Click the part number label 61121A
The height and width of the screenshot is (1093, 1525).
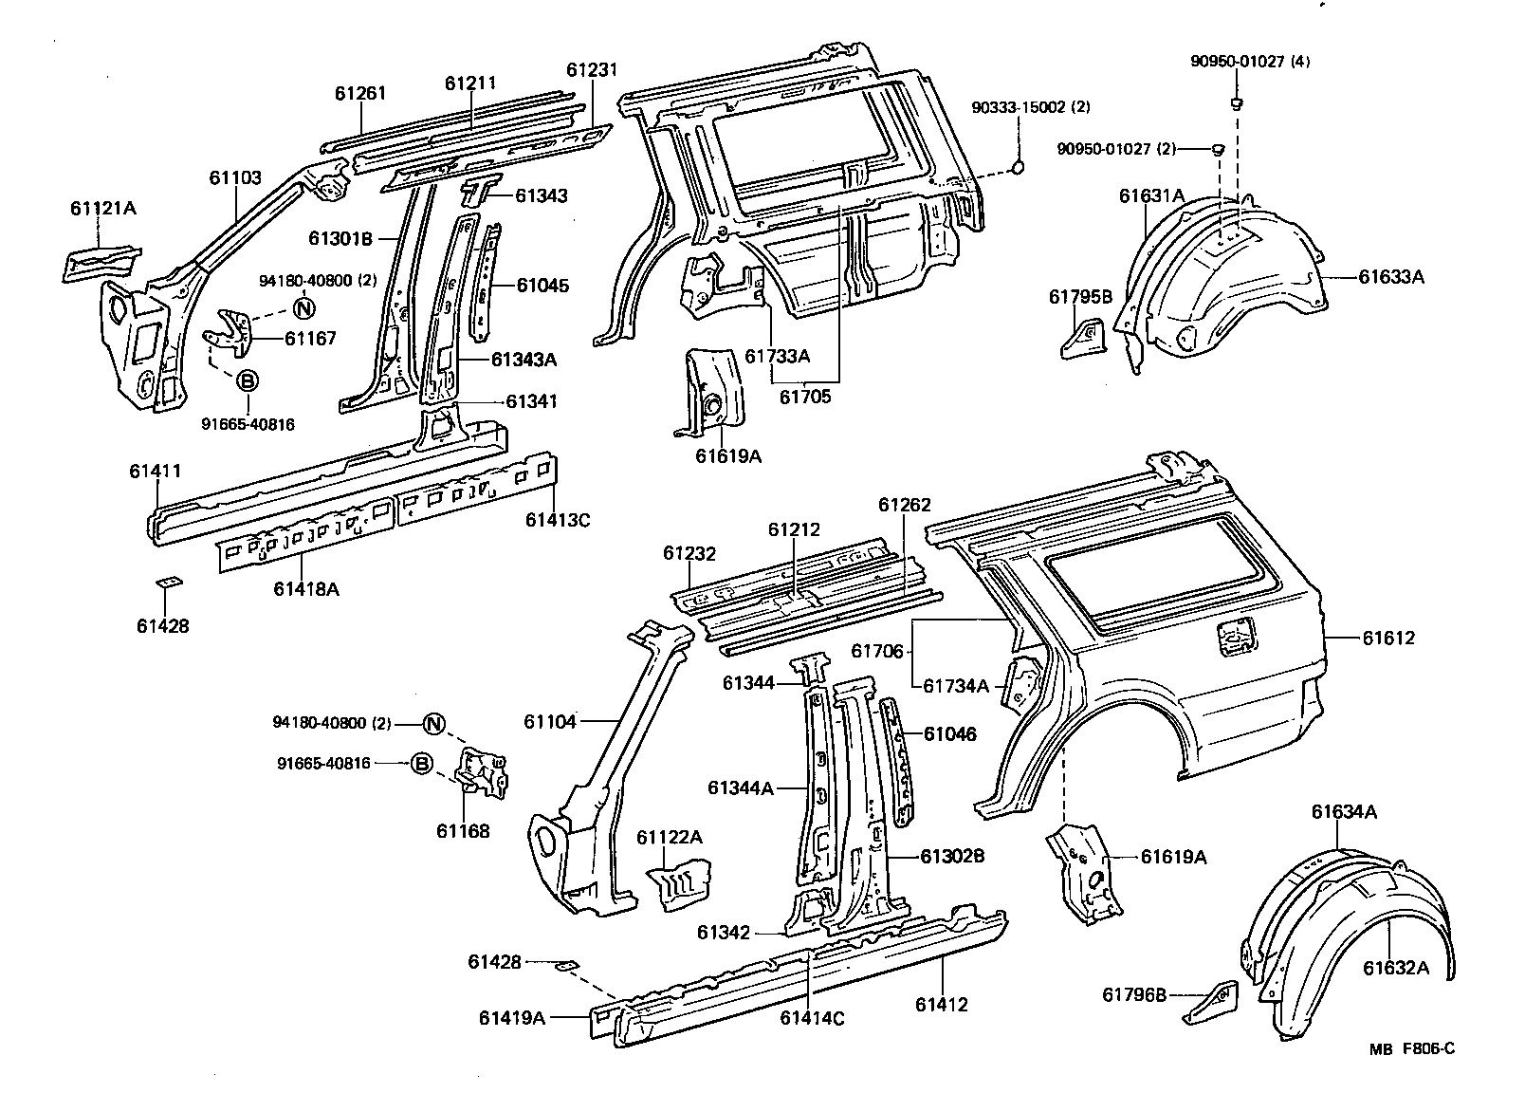(x=101, y=208)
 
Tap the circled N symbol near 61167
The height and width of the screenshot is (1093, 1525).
(x=303, y=307)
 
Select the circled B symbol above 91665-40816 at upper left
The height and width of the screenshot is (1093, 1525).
(x=246, y=381)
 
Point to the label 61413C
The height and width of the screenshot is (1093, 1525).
(x=559, y=520)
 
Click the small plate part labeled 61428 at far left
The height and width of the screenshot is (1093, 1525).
(x=170, y=583)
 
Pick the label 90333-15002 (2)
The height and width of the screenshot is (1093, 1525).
(x=1030, y=108)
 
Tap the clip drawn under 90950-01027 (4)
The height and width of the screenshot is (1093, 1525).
(x=1237, y=102)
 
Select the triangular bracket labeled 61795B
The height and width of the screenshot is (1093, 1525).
(x=1082, y=339)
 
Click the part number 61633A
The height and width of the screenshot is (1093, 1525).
(x=1391, y=277)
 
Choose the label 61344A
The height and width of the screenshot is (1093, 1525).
(x=741, y=787)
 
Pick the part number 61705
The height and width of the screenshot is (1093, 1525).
(x=804, y=396)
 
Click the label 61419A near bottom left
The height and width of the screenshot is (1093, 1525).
(x=512, y=1018)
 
